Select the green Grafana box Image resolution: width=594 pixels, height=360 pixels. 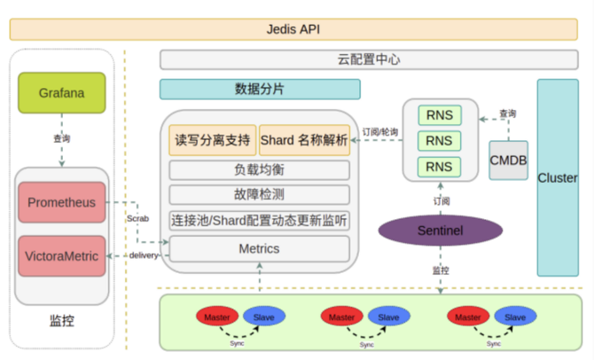61,92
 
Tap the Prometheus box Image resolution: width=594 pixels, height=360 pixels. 61,201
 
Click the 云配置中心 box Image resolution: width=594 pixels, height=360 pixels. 369,60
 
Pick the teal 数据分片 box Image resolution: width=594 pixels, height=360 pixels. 260,89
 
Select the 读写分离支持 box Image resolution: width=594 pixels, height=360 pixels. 211,140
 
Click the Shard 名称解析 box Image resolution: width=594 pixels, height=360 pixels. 304,140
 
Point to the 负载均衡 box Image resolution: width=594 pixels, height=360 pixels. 259,169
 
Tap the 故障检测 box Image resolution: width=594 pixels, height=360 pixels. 259,194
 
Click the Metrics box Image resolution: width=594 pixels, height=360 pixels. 259,248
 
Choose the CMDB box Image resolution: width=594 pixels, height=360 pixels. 508,160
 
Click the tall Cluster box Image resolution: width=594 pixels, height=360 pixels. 558,177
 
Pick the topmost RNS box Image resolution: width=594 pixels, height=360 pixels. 439,115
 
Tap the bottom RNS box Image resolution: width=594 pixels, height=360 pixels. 439,166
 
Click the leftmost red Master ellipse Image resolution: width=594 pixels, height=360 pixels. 216,317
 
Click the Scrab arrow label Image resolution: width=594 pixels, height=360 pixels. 137,217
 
